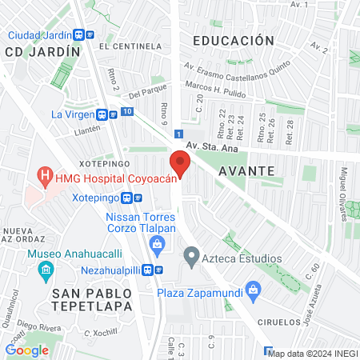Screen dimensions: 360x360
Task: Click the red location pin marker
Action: tap(180, 166)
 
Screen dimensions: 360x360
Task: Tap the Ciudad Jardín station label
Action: tap(41, 35)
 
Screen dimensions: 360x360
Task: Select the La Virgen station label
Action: tap(74, 114)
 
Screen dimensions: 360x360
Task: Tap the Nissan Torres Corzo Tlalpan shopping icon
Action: tap(158, 243)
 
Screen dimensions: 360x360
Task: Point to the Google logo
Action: tap(26, 350)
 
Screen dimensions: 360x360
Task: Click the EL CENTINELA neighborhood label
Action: tap(127, 47)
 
